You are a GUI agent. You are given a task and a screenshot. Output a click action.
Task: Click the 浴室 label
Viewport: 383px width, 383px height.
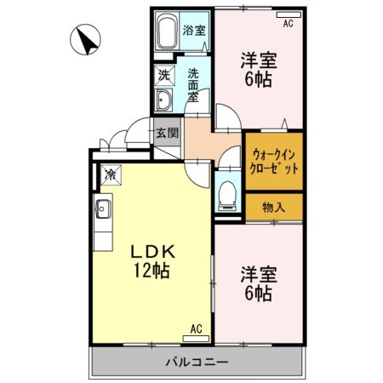coord(194,31)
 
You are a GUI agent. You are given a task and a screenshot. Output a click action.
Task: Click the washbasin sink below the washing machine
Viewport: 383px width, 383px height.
coord(163,101)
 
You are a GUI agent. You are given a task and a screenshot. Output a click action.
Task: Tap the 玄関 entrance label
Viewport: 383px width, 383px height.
coord(167,133)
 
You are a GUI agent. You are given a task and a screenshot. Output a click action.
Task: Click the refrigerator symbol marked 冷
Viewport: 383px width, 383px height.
coord(110,174)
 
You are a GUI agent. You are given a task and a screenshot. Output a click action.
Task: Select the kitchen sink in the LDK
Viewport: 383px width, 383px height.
coord(102,209)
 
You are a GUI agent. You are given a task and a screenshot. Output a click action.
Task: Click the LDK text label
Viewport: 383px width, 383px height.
coord(153,253)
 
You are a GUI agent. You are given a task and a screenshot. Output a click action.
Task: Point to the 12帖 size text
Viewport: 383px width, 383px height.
coord(153,272)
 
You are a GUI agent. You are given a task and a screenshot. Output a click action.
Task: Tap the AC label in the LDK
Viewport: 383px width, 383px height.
coord(196,329)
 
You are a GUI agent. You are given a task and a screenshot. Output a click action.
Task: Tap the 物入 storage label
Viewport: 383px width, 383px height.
coord(273,206)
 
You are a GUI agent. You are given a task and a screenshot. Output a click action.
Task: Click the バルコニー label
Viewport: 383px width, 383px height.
coord(197,362)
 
